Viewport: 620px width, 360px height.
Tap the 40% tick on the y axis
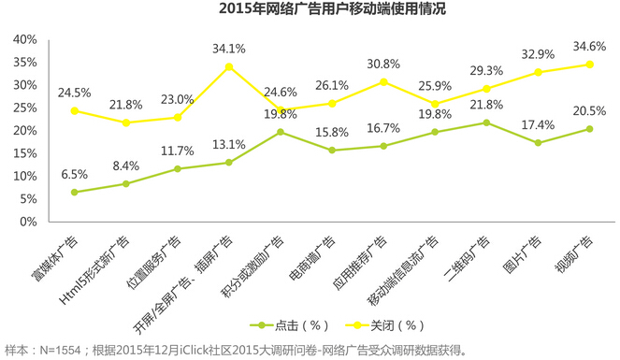(23, 39)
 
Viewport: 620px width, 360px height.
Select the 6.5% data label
(74, 175)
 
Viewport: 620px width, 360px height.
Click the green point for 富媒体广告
(74, 193)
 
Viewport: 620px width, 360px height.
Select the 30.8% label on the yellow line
(382, 64)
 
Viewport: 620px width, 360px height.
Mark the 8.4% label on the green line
(125, 166)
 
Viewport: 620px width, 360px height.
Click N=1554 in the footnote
(60, 351)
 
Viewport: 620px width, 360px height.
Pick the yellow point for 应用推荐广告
(382, 81)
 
